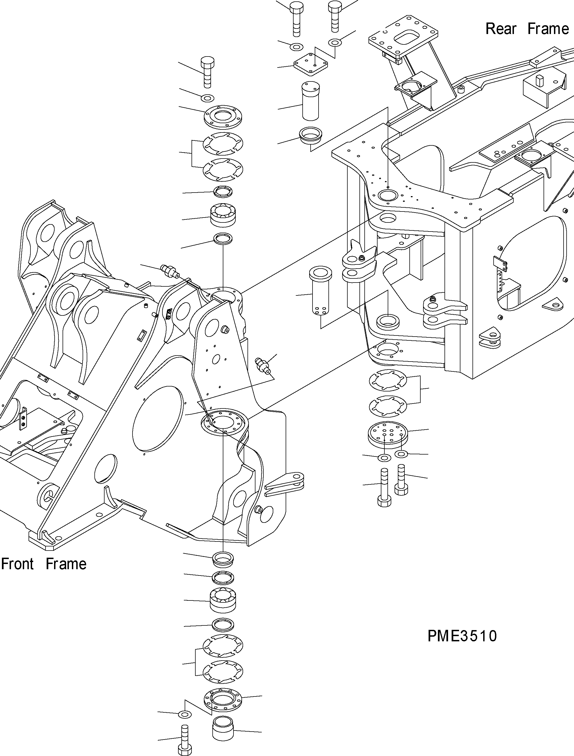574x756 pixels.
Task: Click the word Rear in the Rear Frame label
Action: pos(500,29)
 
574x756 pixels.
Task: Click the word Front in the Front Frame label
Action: pos(18,564)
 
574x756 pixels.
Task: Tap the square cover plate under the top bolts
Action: pos(310,64)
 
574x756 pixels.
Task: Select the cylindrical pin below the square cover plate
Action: pos(310,101)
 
